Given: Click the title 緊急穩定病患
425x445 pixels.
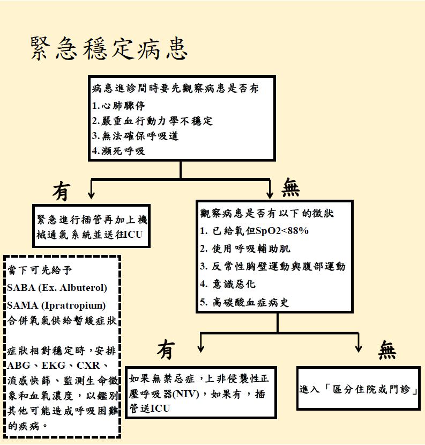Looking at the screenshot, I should point(109,49).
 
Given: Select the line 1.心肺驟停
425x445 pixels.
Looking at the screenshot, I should point(118,105).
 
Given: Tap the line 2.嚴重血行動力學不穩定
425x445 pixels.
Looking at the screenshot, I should point(153,121).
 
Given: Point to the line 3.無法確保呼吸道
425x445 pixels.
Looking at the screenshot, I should point(135,136).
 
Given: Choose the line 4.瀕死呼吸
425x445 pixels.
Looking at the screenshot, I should point(118,151).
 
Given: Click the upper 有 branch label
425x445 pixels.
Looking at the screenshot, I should point(62,191).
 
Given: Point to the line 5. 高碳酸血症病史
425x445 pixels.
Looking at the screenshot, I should point(244,302).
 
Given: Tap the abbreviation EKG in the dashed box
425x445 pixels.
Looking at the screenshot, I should point(55,366).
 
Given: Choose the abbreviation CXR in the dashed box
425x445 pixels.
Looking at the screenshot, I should point(88,366).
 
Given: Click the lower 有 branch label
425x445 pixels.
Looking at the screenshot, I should point(166,350).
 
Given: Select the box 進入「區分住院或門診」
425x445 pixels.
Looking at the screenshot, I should point(359,389).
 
